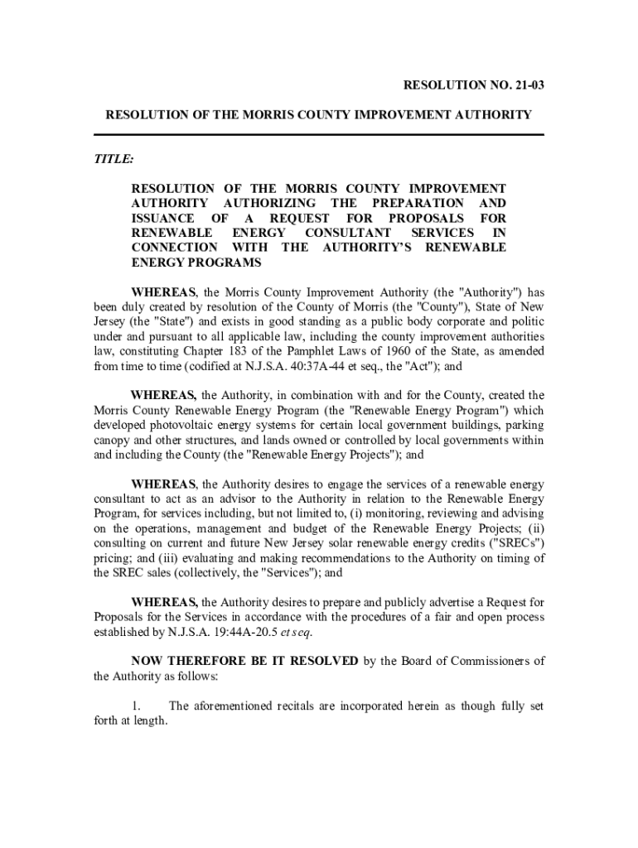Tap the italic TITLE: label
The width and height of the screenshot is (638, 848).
114,158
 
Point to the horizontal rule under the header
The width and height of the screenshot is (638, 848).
318,134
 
